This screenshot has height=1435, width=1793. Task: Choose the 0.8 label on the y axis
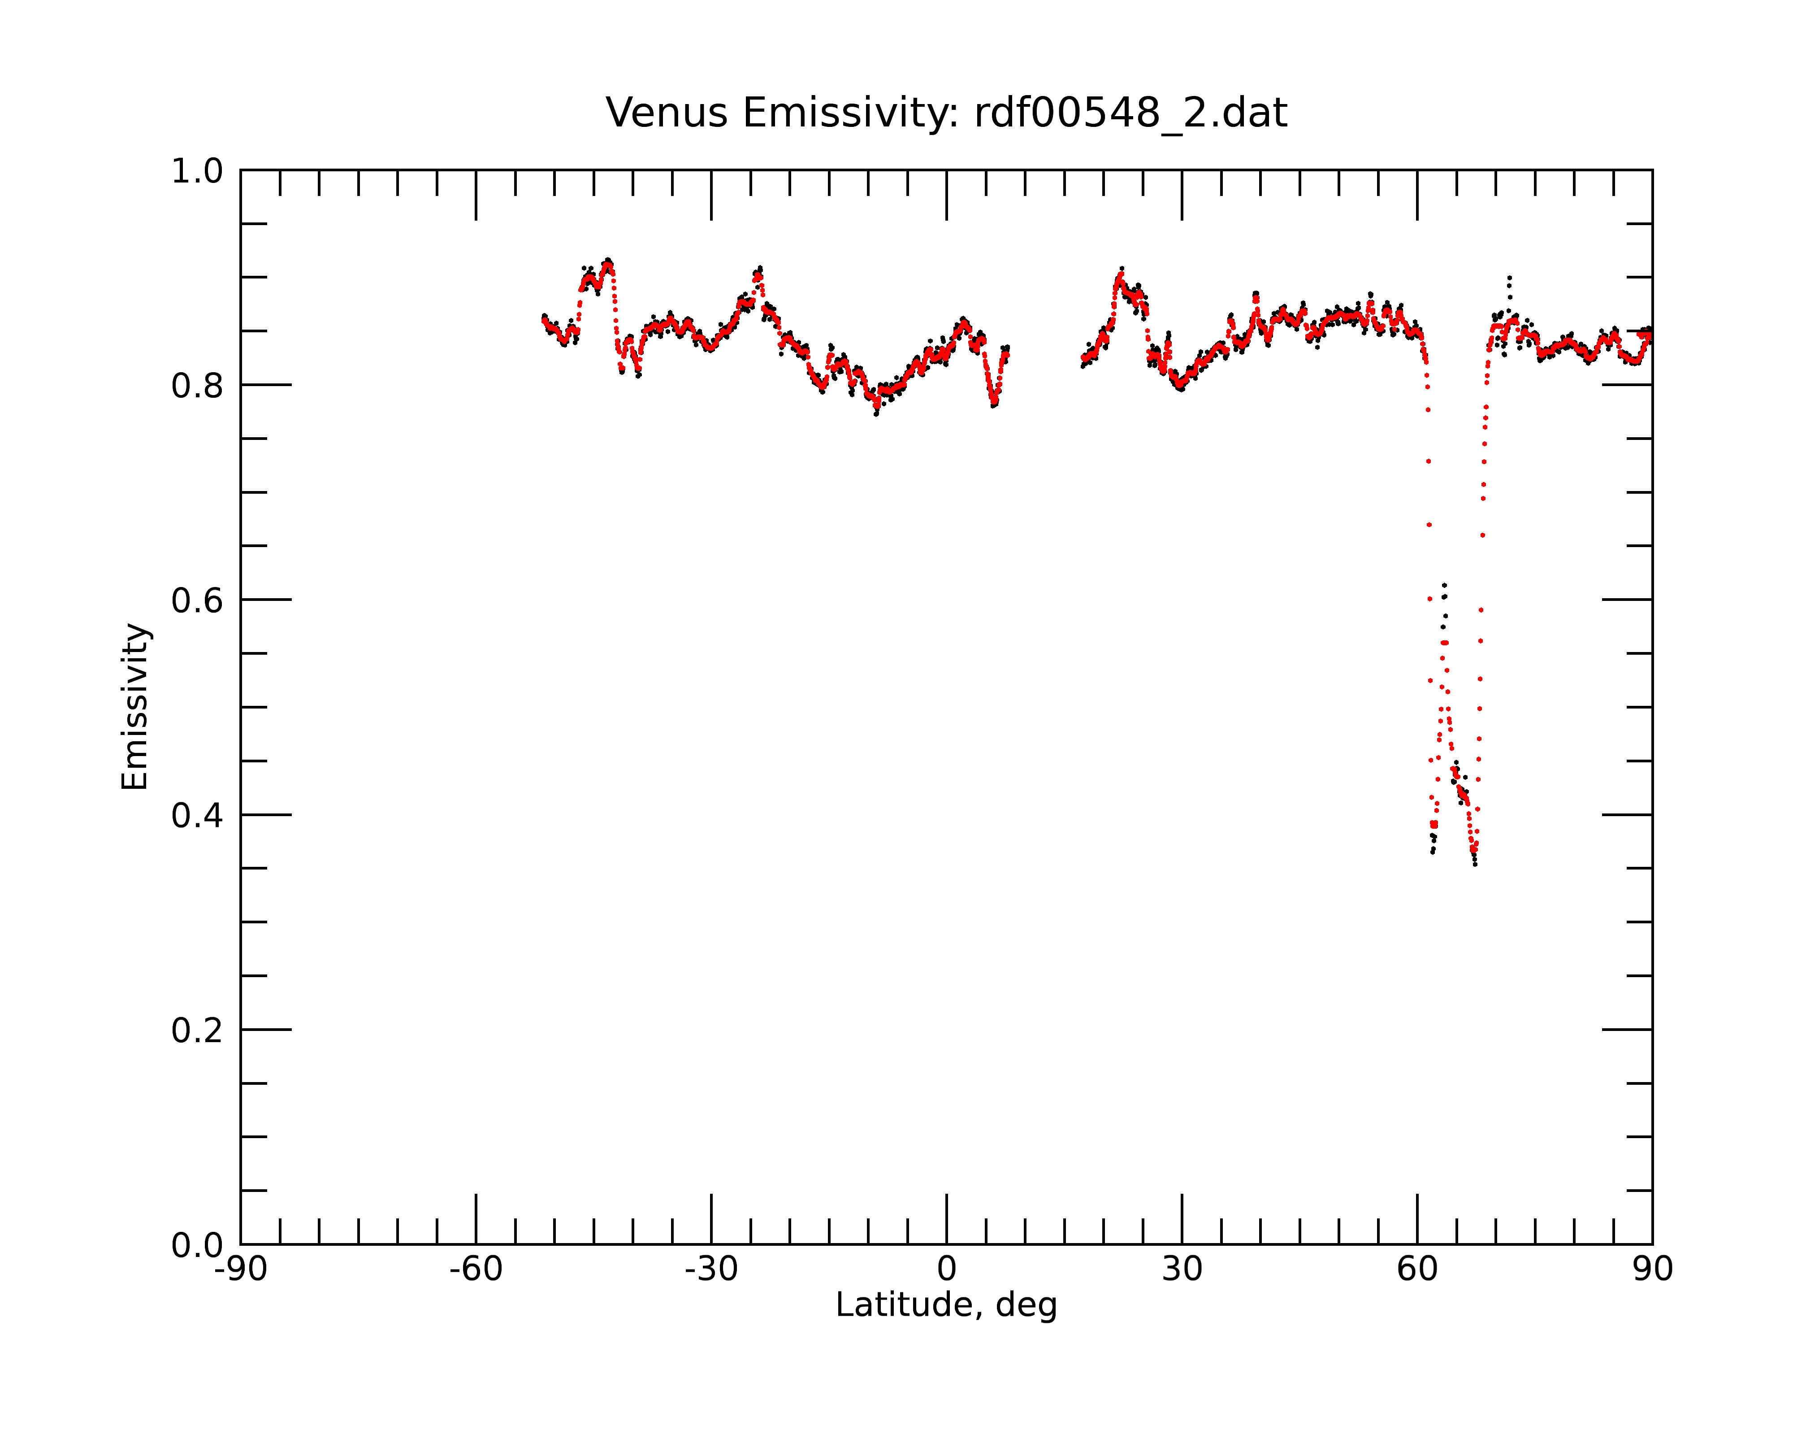197,386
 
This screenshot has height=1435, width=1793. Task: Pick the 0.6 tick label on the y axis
197,600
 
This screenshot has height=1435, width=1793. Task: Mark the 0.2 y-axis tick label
197,1031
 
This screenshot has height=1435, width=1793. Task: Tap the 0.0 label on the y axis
197,1245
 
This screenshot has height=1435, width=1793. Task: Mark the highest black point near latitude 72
1509,277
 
